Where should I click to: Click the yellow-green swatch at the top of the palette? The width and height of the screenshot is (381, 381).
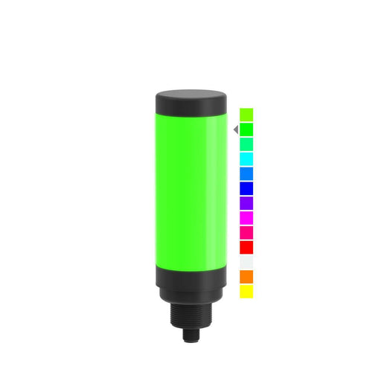point(246,115)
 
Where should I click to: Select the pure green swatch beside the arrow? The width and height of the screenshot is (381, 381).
point(246,129)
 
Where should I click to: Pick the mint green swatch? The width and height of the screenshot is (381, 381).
point(246,144)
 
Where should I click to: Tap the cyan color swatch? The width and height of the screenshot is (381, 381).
point(246,159)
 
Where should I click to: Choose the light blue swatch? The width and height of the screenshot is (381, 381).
point(246,173)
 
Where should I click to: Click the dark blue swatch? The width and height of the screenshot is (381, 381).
point(246,188)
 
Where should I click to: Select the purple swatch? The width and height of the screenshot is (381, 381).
point(246,202)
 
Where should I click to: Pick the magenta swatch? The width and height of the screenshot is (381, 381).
point(246,217)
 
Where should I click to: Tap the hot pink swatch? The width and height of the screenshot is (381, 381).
point(246,232)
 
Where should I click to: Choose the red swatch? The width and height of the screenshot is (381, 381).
point(246,247)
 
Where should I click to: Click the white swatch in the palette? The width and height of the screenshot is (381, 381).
point(246,262)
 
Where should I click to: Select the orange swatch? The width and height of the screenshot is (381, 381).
point(246,277)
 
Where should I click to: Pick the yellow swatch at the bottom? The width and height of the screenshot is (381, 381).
point(246,291)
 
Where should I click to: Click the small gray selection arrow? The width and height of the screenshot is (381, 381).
point(235,129)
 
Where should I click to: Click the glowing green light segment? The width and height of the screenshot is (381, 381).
point(186,186)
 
